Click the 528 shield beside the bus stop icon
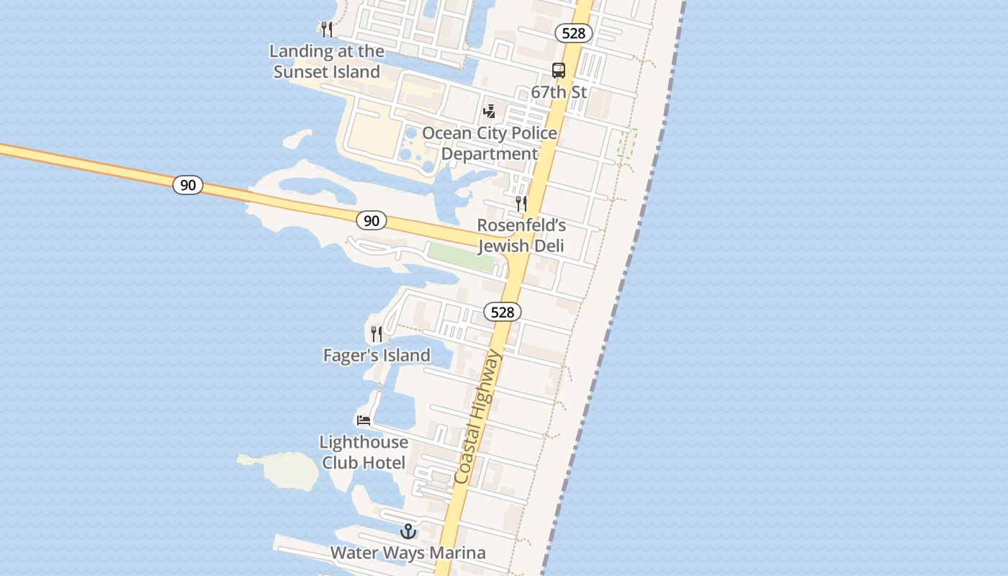[574, 33]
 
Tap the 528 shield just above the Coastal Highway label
[502, 312]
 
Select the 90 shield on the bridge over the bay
[188, 185]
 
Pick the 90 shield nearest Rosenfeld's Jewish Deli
[372, 220]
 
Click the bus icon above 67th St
[559, 71]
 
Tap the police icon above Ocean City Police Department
[490, 112]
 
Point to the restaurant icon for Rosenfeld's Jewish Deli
[521, 204]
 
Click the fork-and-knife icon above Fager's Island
[377, 334]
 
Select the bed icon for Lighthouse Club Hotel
[364, 420]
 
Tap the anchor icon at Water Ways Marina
[408, 531]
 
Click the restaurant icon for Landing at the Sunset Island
[327, 30]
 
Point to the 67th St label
[559, 92]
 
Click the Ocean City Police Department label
[490, 143]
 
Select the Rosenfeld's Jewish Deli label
[521, 235]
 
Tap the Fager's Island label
[377, 355]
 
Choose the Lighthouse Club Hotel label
[364, 452]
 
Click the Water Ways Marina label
[408, 553]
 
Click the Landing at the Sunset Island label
[327, 61]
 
